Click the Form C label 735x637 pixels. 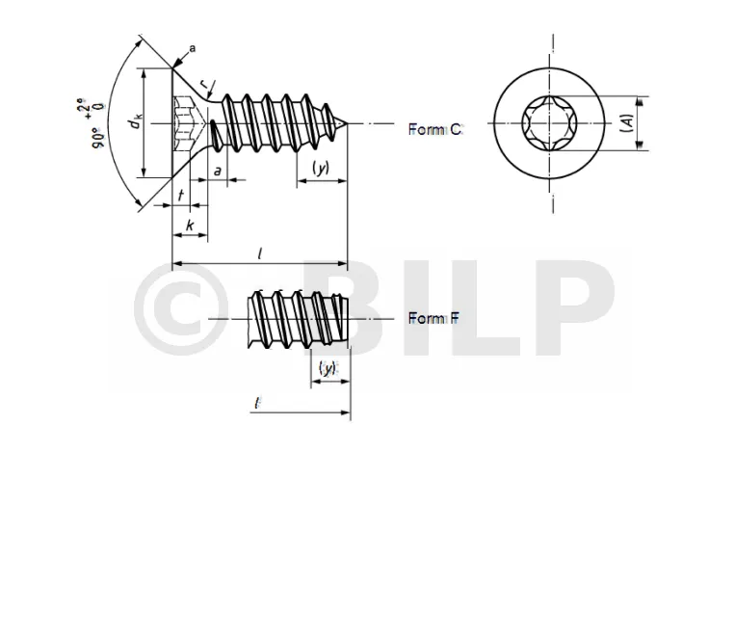pyautogui.click(x=435, y=129)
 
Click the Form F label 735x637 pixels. pyautogui.click(x=433, y=318)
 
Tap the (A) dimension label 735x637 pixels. pyautogui.click(x=628, y=123)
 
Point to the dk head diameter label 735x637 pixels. pyautogui.click(x=136, y=122)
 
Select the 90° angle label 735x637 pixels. pyautogui.click(x=98, y=138)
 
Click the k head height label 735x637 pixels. pyautogui.click(x=190, y=226)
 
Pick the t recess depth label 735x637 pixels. pyautogui.click(x=181, y=195)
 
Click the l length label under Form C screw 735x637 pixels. pyautogui.click(x=260, y=253)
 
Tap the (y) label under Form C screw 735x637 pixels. pyautogui.click(x=321, y=168)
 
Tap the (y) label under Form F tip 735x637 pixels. pyautogui.click(x=328, y=368)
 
